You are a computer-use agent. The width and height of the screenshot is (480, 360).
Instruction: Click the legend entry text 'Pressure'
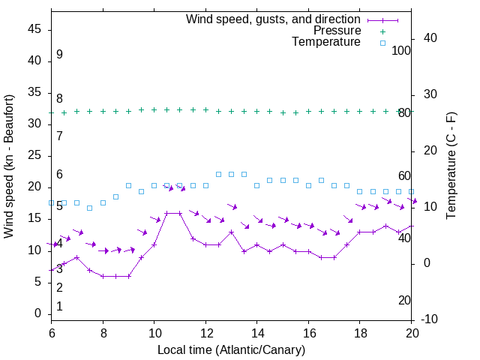tap(337, 31)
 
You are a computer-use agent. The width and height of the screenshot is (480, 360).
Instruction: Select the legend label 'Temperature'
tap(326, 43)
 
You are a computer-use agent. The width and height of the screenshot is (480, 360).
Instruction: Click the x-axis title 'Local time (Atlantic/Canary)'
tap(231, 349)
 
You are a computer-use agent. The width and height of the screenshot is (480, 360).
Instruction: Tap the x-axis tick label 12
tap(205, 332)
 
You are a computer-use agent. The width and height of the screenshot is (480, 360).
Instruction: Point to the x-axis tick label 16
tap(308, 332)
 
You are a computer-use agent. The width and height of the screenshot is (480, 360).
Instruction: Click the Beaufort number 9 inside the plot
tap(59, 55)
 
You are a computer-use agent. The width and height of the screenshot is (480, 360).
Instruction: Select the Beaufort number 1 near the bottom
tap(59, 306)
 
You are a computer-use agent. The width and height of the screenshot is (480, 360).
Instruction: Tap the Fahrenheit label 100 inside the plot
tap(402, 50)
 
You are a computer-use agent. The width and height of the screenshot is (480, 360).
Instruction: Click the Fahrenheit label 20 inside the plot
tap(404, 300)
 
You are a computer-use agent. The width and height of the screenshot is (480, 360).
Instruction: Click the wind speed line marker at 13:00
tap(231, 232)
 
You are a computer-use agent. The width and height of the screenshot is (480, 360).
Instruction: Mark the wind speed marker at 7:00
tap(76, 257)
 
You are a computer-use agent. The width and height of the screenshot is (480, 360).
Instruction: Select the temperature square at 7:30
tap(90, 208)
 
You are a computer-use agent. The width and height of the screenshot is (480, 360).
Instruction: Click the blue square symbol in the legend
tap(382, 43)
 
